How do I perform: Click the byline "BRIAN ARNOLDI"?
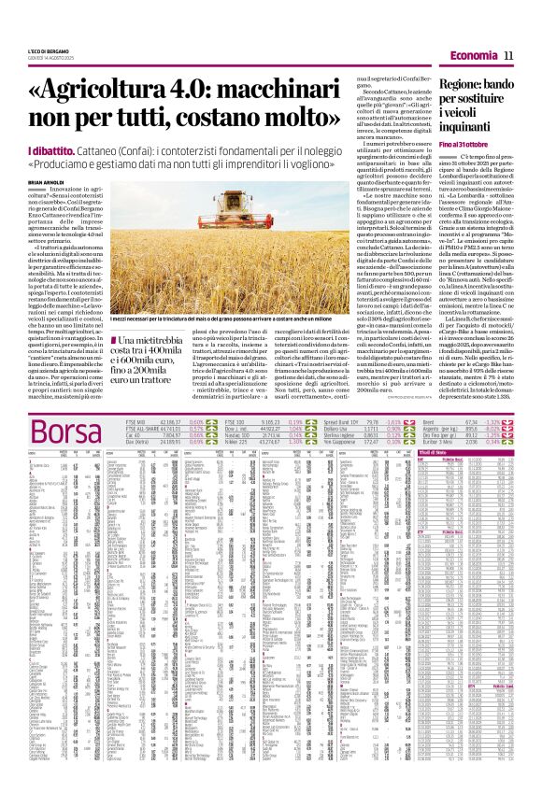[x=50, y=182]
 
